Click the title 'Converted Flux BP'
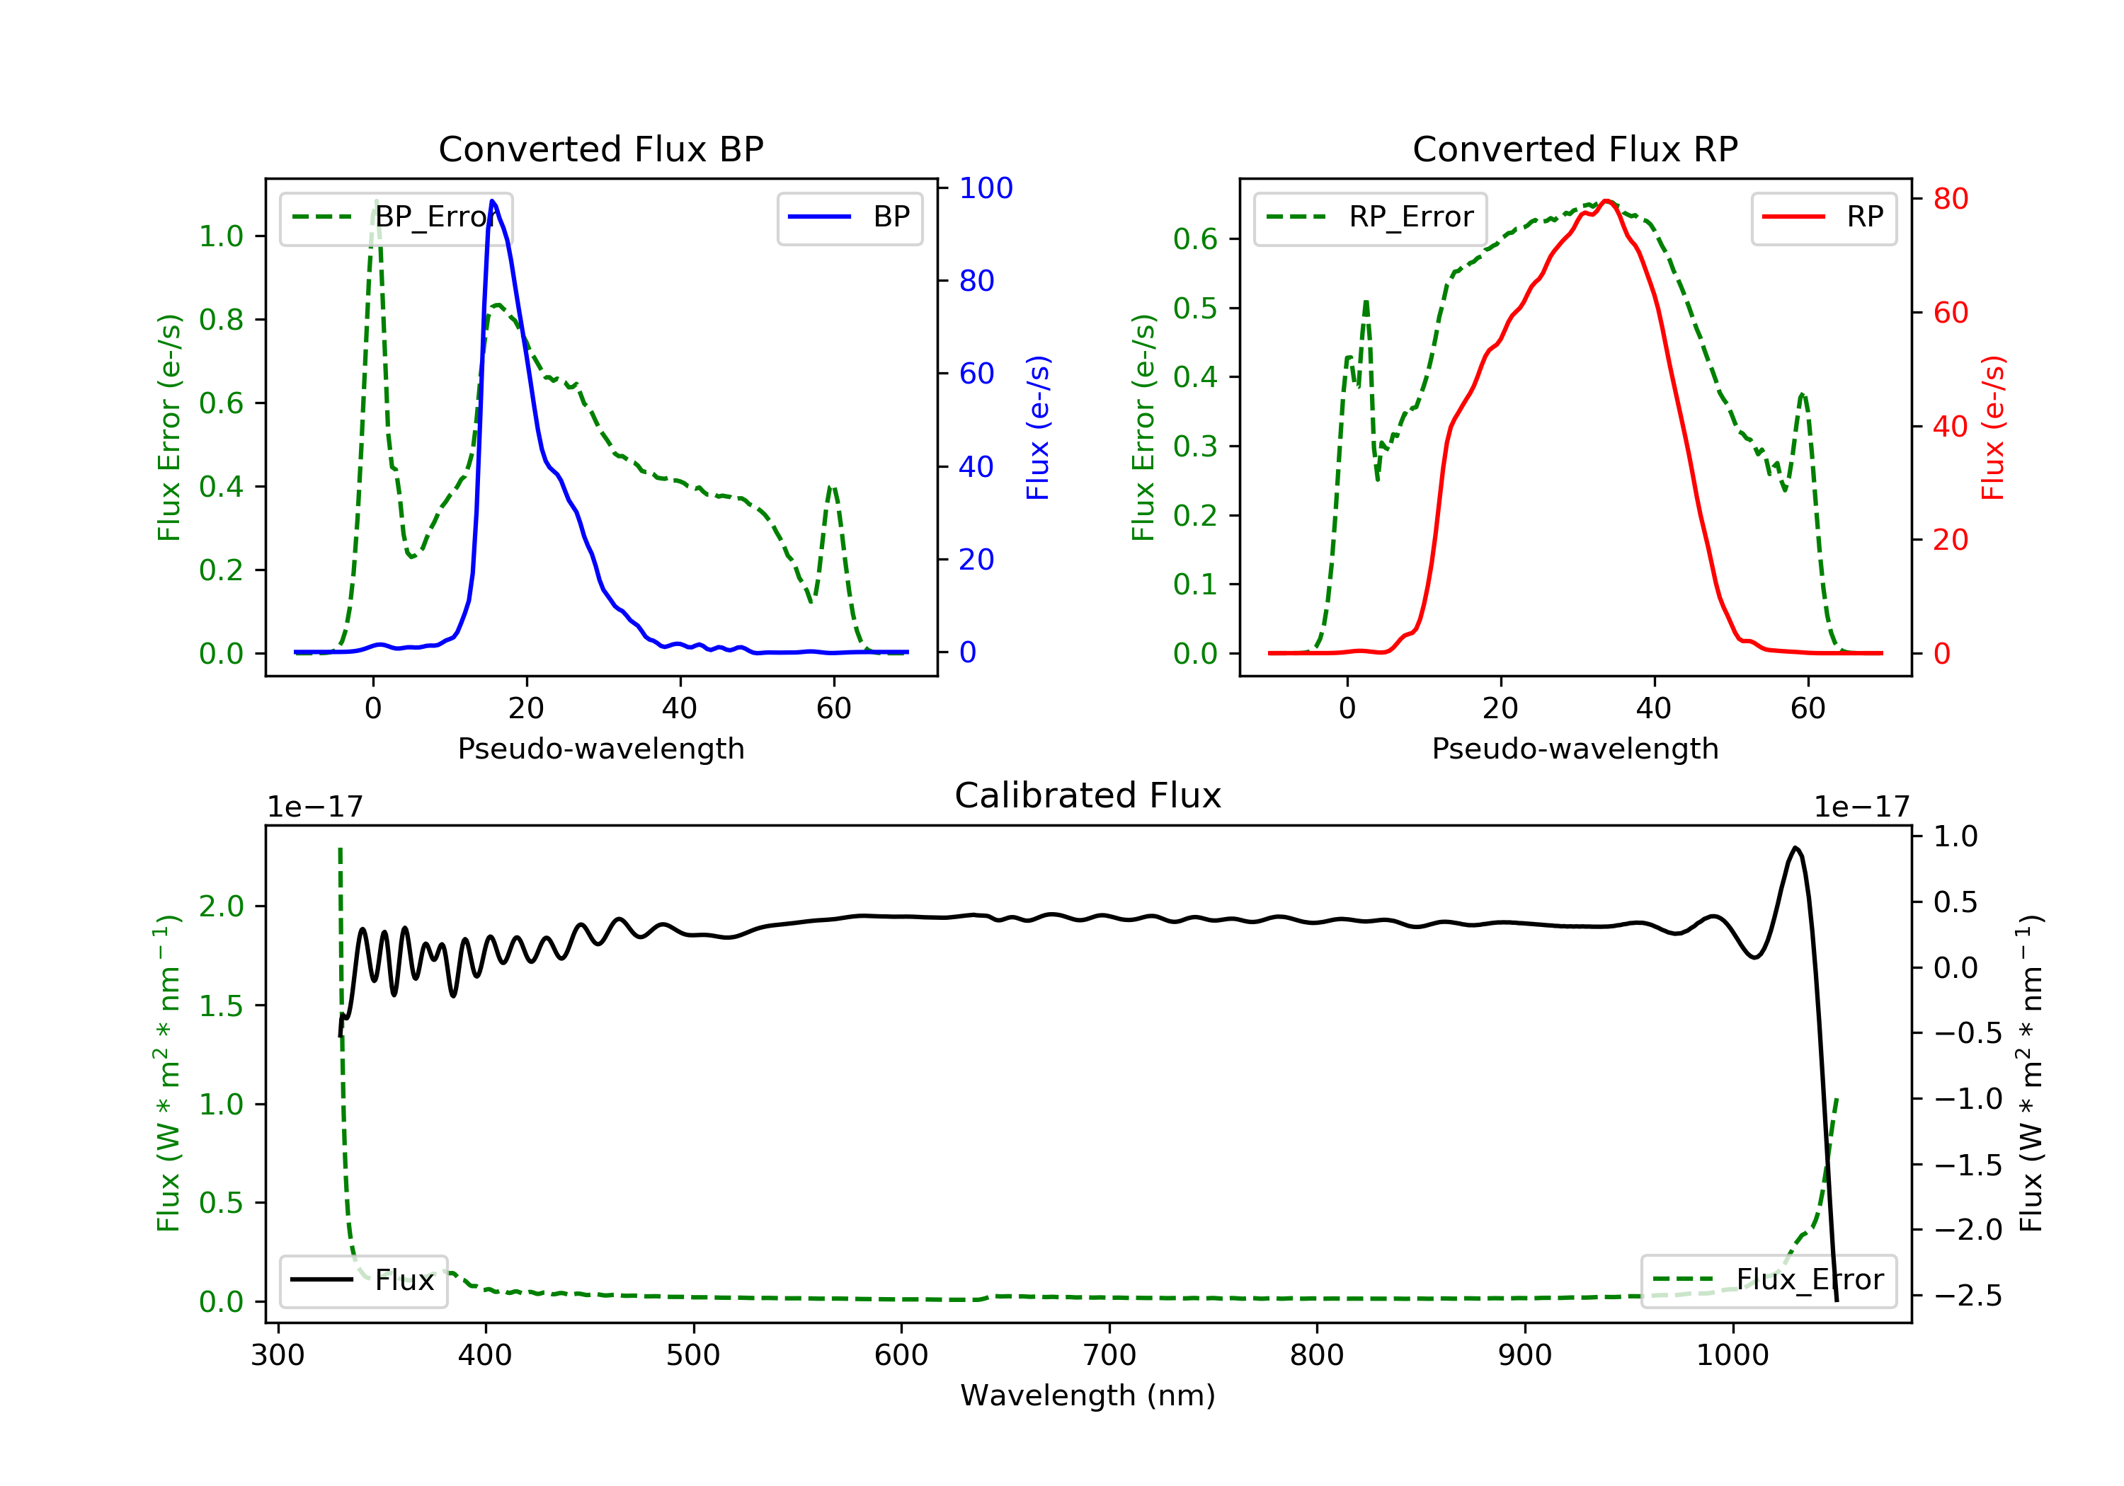click(x=600, y=149)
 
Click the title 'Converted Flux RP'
click(x=1575, y=149)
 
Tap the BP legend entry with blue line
click(x=849, y=217)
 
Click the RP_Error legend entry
click(x=1369, y=218)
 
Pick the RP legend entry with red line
click(x=1822, y=217)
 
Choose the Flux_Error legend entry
click(x=1768, y=1280)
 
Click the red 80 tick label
click(x=1950, y=199)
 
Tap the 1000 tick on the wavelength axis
click(x=1732, y=1356)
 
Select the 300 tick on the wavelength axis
click(x=278, y=1356)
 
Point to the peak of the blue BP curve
click(x=492, y=201)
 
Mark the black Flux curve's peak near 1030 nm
click(x=1795, y=847)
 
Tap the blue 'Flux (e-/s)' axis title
click(x=1038, y=427)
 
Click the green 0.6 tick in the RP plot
click(x=1194, y=239)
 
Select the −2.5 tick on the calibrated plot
click(x=1968, y=1296)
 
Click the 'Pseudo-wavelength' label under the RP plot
click(x=1575, y=748)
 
